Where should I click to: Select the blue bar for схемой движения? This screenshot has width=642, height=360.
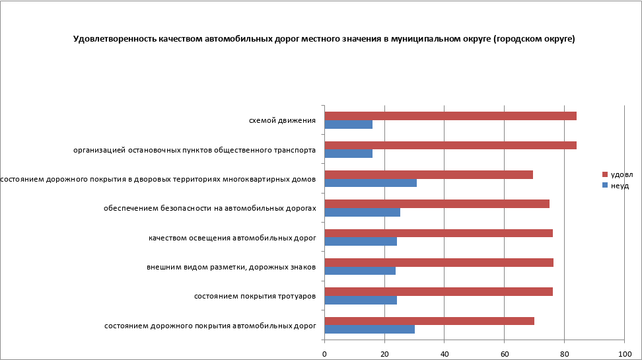349,124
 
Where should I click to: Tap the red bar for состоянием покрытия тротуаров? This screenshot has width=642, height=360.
439,291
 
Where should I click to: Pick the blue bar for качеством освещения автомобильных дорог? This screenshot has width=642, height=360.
361,241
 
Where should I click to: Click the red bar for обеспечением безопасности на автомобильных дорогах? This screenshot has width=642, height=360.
437,203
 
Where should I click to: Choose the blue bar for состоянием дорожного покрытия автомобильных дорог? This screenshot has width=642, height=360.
370,329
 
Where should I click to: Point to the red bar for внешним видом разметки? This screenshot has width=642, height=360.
439,262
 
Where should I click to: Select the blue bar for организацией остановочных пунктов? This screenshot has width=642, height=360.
349,153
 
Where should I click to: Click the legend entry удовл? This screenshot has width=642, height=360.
621,174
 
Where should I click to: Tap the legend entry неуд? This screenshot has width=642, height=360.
620,186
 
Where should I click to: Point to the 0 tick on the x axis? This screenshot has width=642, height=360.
324,354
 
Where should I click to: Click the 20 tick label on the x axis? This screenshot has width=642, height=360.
384,354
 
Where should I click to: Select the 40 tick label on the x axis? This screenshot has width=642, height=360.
445,354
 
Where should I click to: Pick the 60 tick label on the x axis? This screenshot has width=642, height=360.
504,354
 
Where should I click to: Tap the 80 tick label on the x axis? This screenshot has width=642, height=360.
564,354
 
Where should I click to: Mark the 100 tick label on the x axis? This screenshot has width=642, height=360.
624,354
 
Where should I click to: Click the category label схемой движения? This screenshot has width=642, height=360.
282,120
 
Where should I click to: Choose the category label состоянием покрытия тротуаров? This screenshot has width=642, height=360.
254,296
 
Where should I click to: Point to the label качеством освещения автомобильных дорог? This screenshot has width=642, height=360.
232,237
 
